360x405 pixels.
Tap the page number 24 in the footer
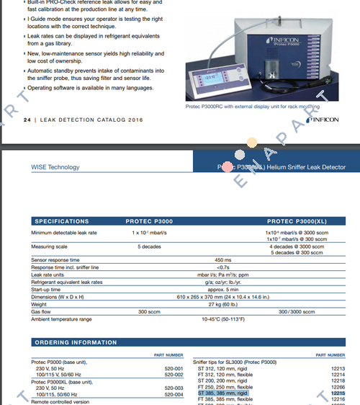28,120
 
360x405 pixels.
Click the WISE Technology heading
55,167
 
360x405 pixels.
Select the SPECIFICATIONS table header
63,221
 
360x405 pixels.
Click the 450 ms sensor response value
222,259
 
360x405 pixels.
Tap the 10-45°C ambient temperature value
222,319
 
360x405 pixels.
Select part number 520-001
174,368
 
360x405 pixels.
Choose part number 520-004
174,393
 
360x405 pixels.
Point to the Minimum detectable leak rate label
64,233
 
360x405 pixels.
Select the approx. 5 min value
222,289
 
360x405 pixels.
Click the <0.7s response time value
222,267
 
